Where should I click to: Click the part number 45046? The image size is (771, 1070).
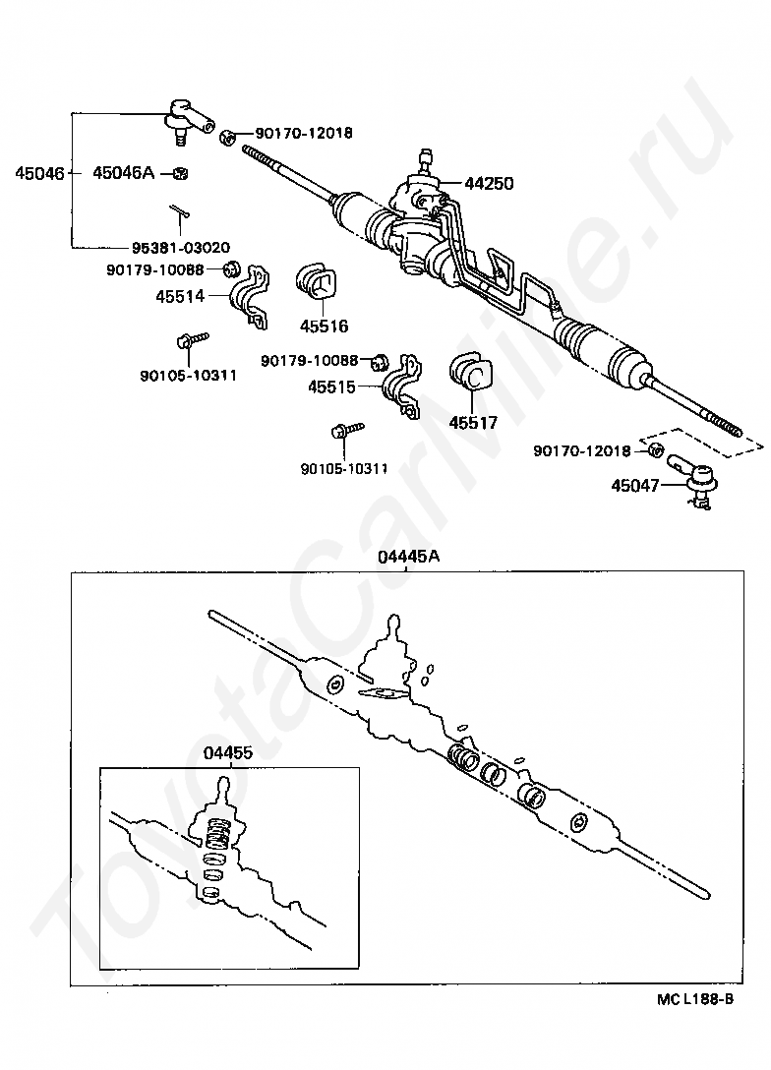(38, 174)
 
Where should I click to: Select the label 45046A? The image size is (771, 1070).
(123, 174)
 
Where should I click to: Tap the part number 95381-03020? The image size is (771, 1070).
(174, 247)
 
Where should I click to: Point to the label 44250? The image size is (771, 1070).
(489, 183)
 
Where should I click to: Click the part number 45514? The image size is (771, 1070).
(179, 294)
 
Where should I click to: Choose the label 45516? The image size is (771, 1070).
(325, 327)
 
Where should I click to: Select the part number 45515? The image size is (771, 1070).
(331, 386)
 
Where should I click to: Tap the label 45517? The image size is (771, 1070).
(473, 423)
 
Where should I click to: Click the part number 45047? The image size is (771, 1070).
(635, 485)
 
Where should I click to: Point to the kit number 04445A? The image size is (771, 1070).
(408, 557)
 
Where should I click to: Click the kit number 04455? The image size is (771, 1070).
(228, 753)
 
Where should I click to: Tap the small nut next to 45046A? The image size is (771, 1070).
(179, 174)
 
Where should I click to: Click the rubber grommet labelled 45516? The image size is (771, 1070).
(317, 283)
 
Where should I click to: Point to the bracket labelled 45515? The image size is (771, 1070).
(401, 386)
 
